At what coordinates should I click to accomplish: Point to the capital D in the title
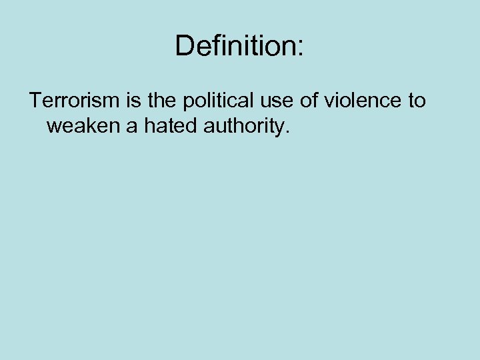click(184, 46)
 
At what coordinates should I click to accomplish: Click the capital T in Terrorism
click(35, 101)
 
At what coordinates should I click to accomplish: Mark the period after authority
click(287, 131)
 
